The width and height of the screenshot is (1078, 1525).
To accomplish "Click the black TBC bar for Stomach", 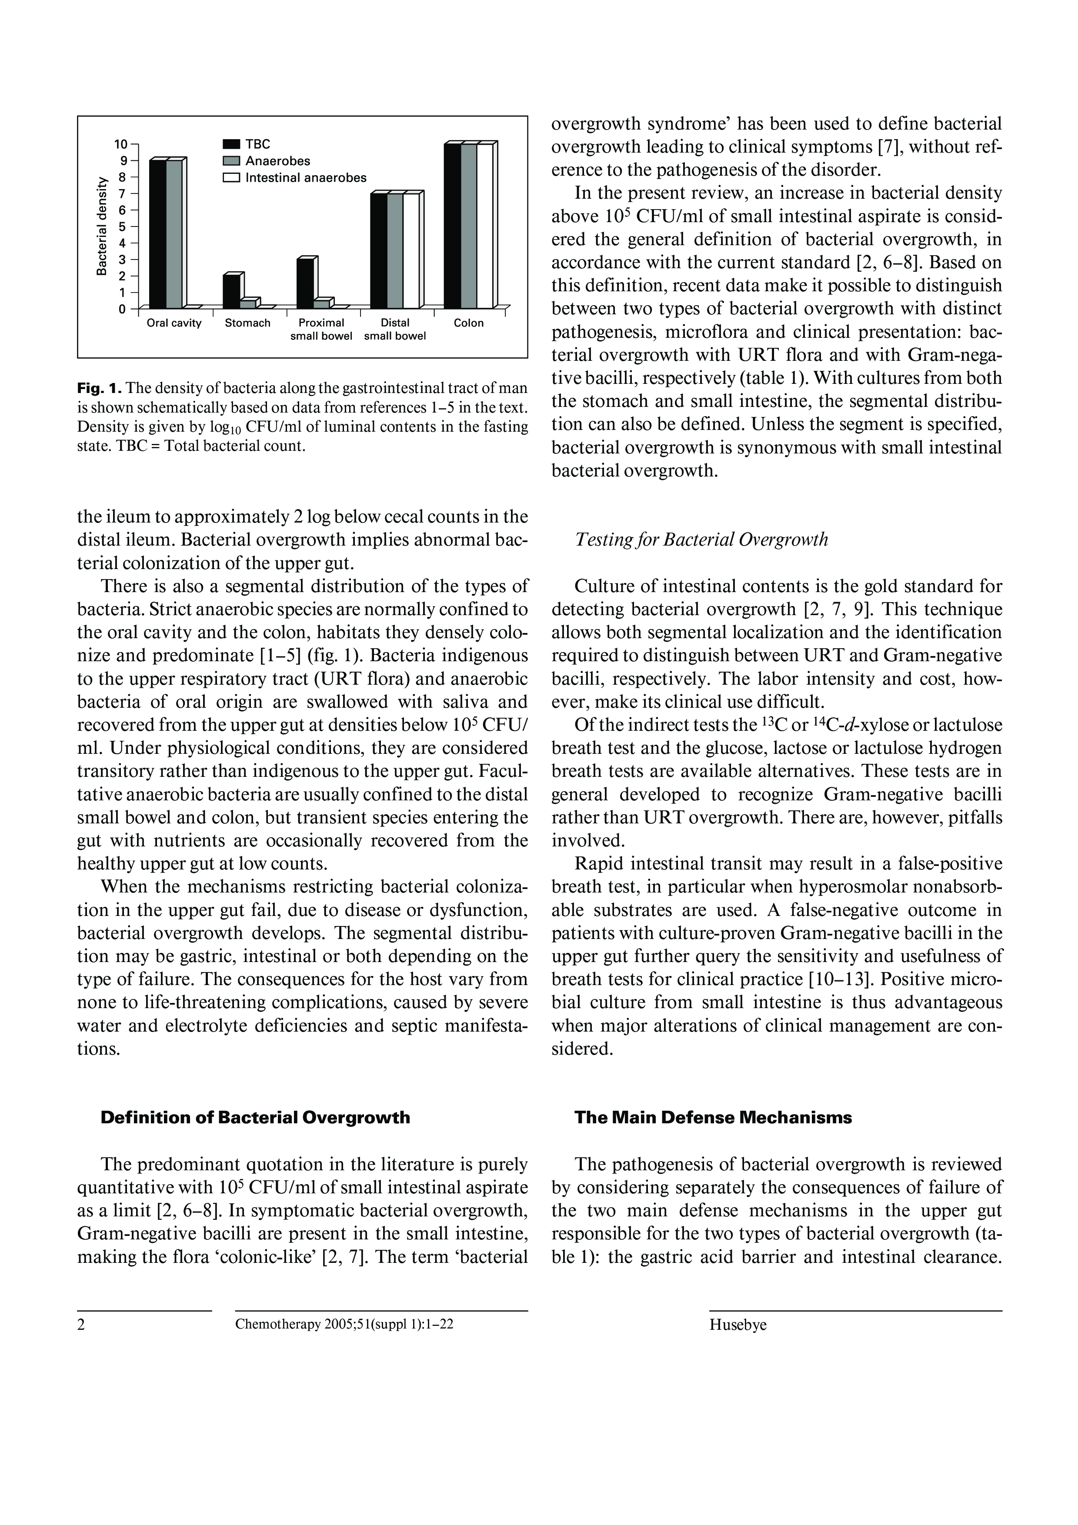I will point(231,292).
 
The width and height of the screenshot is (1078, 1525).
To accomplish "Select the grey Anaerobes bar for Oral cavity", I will point(174,234).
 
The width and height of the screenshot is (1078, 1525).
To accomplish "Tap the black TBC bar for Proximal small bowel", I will point(305,283).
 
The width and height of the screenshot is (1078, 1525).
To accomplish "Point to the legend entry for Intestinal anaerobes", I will point(294,178).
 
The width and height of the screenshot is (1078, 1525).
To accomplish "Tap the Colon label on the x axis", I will point(468,323).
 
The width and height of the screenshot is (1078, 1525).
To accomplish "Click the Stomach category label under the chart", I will point(248,323).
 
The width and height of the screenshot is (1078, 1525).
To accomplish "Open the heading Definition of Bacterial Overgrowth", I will point(255,1118).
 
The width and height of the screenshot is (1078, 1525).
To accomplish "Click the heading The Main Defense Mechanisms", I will point(713,1118).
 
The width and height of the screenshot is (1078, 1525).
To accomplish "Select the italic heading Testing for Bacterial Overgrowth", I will point(701,540).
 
